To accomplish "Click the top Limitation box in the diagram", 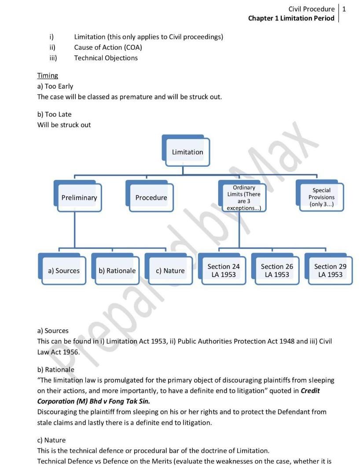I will [x=187, y=152].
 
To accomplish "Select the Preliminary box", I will [x=79, y=197].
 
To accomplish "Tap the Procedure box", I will [x=151, y=197].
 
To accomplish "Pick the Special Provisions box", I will [x=321, y=197].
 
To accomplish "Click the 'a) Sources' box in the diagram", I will [x=64, y=270].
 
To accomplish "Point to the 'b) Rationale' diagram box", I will [x=117, y=270].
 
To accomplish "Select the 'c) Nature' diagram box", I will [x=170, y=270].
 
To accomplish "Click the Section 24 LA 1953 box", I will [x=224, y=270].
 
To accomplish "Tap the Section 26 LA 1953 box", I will [x=277, y=270].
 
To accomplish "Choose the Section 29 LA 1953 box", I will [x=330, y=270].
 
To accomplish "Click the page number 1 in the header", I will [x=344, y=9].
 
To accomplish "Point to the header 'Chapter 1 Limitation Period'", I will [x=291, y=18].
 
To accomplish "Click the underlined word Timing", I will [x=48, y=76].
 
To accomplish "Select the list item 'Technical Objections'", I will [x=106, y=58].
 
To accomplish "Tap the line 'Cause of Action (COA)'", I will [x=108, y=47].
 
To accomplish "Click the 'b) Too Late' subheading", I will [x=54, y=114].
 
